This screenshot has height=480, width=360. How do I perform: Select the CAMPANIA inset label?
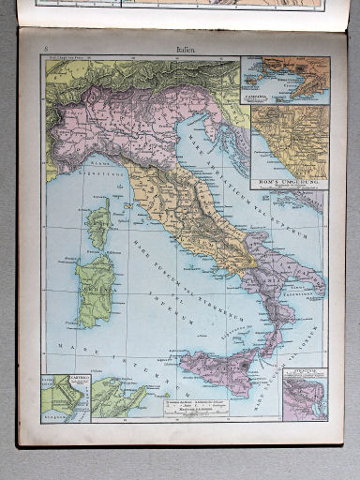click(258, 96)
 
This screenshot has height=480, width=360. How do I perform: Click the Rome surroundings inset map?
click(291, 141)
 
